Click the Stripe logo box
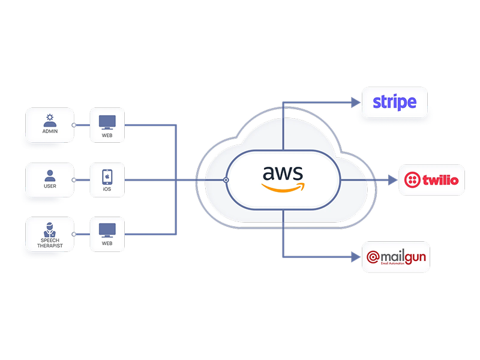pos(395,101)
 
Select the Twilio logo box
pos(432,179)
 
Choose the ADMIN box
pos(50,125)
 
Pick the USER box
pos(50,179)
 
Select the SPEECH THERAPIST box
pos(50,234)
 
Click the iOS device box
pos(107,179)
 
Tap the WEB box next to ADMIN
pos(107,125)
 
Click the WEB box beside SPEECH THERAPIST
pos(107,234)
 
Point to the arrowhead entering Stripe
pos(354,102)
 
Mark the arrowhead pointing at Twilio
pos(393,179)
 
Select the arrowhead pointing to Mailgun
pos(354,257)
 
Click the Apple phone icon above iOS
pos(107,176)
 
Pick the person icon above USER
pos(50,175)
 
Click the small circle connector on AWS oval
pos(226,179)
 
